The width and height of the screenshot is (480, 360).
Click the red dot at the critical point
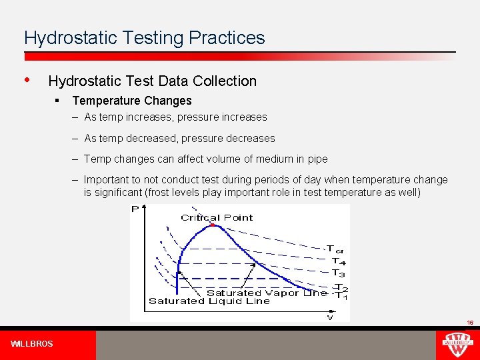(x=213, y=225)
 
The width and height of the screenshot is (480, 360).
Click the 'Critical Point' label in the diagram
(x=217, y=217)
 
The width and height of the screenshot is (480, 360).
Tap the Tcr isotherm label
(x=335, y=249)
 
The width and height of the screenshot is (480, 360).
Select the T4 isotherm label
(x=339, y=261)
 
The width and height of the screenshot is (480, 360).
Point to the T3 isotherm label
(x=339, y=273)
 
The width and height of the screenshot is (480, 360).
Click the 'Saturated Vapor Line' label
(x=267, y=293)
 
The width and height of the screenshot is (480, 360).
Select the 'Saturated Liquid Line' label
(x=209, y=301)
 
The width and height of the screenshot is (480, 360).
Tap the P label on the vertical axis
(x=135, y=209)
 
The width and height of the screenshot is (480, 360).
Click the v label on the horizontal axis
(x=329, y=317)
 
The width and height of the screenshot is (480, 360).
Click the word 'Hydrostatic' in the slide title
(x=63, y=38)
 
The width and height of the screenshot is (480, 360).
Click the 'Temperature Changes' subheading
(x=132, y=101)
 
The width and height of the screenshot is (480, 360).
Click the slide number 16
(x=469, y=323)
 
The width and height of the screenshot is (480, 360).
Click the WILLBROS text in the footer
(x=32, y=344)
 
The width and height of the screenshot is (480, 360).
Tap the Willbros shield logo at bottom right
(x=457, y=345)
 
